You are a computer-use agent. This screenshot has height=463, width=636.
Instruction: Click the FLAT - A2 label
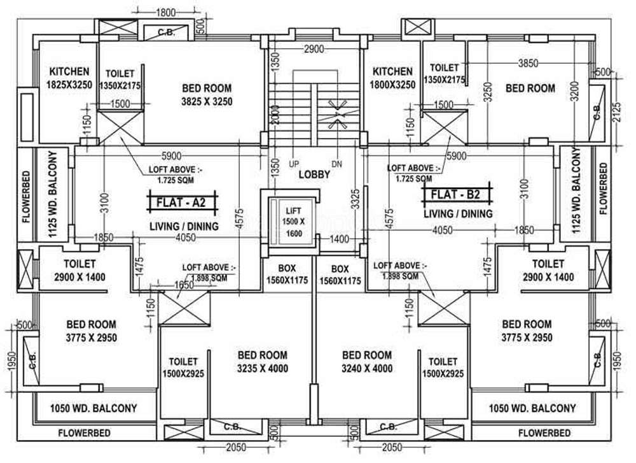(x=183, y=203)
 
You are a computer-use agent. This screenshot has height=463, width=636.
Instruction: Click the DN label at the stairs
(x=336, y=164)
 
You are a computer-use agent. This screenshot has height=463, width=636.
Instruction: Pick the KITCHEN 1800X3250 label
(x=392, y=78)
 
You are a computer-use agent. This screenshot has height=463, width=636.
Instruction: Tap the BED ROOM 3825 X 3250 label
(x=207, y=94)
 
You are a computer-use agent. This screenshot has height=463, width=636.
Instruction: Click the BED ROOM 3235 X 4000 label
(x=262, y=361)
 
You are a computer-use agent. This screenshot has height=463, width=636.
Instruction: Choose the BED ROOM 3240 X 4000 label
(x=367, y=361)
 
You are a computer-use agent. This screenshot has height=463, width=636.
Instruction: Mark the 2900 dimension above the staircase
(x=314, y=49)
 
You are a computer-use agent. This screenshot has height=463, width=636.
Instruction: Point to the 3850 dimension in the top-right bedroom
(x=527, y=63)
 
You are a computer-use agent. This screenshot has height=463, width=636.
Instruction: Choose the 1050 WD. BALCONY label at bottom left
(x=93, y=408)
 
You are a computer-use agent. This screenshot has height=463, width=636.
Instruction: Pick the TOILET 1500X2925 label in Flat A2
(x=183, y=367)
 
